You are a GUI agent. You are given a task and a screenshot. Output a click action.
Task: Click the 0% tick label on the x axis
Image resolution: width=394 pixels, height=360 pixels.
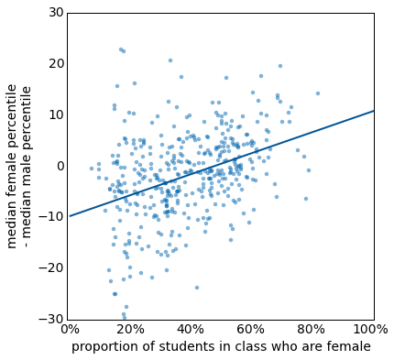click(69, 330)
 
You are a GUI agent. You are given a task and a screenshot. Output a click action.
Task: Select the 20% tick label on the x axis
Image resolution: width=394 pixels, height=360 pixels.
click(130, 330)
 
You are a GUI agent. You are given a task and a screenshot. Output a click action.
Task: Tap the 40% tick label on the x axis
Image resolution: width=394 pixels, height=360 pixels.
click(191, 330)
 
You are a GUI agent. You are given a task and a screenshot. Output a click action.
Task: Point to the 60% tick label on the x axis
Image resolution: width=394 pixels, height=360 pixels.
click(252, 330)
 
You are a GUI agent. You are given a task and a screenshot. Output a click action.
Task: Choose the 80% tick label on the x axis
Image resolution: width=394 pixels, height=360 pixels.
click(312, 330)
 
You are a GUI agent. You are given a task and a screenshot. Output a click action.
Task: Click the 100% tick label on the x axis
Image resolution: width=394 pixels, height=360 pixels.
click(370, 330)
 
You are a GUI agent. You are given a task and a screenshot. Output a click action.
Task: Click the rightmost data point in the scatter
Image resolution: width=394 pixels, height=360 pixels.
click(318, 93)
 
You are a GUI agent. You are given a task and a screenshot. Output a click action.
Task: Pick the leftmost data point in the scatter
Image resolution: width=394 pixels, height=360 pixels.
click(92, 169)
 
